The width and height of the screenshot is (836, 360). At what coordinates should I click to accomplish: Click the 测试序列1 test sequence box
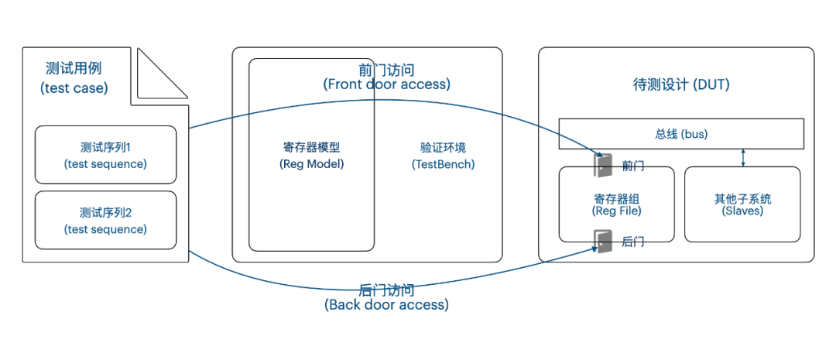106,155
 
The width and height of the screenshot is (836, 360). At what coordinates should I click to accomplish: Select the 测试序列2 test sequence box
106,220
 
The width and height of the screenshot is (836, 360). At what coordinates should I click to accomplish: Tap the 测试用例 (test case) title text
74,77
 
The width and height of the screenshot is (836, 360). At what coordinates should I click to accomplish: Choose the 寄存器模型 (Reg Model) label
311,155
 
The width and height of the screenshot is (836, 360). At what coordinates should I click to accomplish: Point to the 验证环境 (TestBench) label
443,155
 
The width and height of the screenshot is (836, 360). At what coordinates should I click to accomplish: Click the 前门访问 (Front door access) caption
386,77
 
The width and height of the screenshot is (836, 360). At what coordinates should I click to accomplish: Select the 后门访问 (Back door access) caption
386,297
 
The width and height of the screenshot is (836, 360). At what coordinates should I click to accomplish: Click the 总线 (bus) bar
681,134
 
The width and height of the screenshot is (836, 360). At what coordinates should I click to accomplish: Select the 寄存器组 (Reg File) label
616,204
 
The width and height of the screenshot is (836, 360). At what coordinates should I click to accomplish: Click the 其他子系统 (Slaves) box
742,204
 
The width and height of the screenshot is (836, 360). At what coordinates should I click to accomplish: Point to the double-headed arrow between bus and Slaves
743,158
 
